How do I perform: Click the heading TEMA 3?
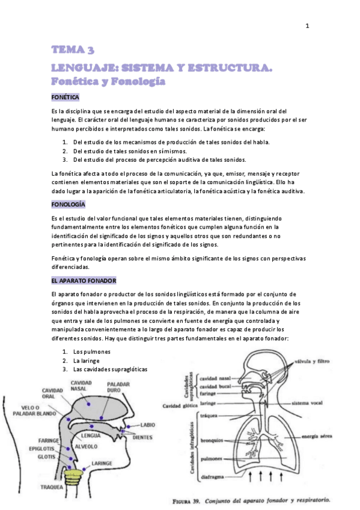pos(73,49)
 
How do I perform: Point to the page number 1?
pos(307,25)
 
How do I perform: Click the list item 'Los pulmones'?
pos(91,351)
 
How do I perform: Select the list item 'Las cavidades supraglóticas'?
pos(109,369)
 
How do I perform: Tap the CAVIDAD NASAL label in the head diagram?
pos(81,386)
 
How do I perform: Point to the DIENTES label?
pos(142,438)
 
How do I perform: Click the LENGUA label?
pos(90,434)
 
